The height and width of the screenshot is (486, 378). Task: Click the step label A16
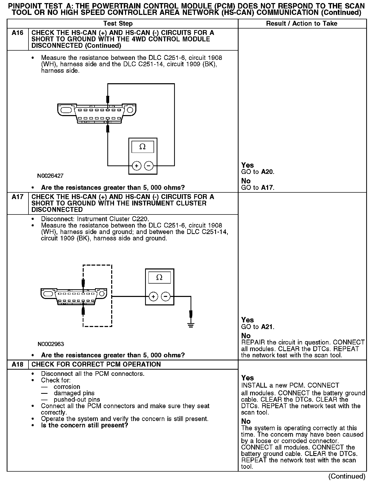[17, 33]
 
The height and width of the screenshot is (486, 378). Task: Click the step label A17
[17, 197]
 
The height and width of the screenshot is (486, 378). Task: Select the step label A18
[17, 365]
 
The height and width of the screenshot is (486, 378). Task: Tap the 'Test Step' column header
[118, 24]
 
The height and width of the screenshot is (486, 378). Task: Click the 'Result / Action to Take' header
[302, 24]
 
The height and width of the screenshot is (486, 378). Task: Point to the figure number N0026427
[50, 176]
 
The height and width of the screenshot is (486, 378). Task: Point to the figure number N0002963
[51, 344]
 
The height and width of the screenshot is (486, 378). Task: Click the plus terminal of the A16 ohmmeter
[137, 166]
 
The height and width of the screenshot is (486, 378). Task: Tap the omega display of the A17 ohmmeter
[159, 277]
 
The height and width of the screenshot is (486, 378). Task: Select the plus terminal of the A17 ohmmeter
[153, 297]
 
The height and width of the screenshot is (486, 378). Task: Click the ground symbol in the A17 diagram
[191, 325]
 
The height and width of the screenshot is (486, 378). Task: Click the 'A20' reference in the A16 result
[267, 172]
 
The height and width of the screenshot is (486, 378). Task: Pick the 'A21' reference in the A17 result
[267, 327]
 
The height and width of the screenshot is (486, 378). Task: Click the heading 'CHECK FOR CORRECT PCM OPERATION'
[96, 365]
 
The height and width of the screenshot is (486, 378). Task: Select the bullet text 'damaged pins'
[74, 393]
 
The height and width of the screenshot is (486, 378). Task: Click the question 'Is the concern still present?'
[84, 425]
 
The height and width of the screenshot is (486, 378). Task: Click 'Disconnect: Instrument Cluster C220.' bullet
[95, 219]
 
